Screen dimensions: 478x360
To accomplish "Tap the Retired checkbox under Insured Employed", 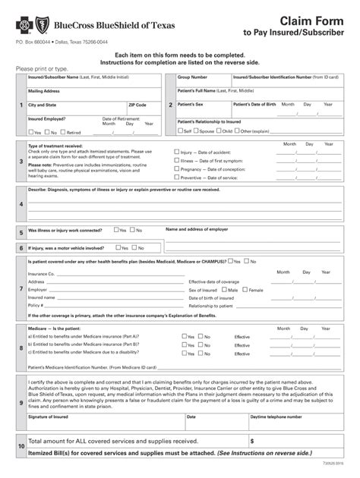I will [x=65, y=133].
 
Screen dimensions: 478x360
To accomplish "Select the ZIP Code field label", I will [x=137, y=105].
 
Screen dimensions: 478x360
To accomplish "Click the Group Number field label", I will [x=193, y=77].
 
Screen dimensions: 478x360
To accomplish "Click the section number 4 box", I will [x=21, y=204].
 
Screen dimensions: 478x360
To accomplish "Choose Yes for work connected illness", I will [x=116, y=229].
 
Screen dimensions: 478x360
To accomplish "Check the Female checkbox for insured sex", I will [x=245, y=290].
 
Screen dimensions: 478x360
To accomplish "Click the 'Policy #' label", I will [x=36, y=305].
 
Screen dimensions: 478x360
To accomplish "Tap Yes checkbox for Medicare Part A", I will [x=184, y=336].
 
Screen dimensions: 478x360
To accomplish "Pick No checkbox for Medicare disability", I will [x=202, y=353].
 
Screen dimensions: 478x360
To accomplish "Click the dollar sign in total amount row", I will [x=252, y=441].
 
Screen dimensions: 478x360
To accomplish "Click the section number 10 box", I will [x=21, y=446].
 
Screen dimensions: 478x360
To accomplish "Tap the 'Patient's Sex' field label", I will [x=190, y=104].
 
